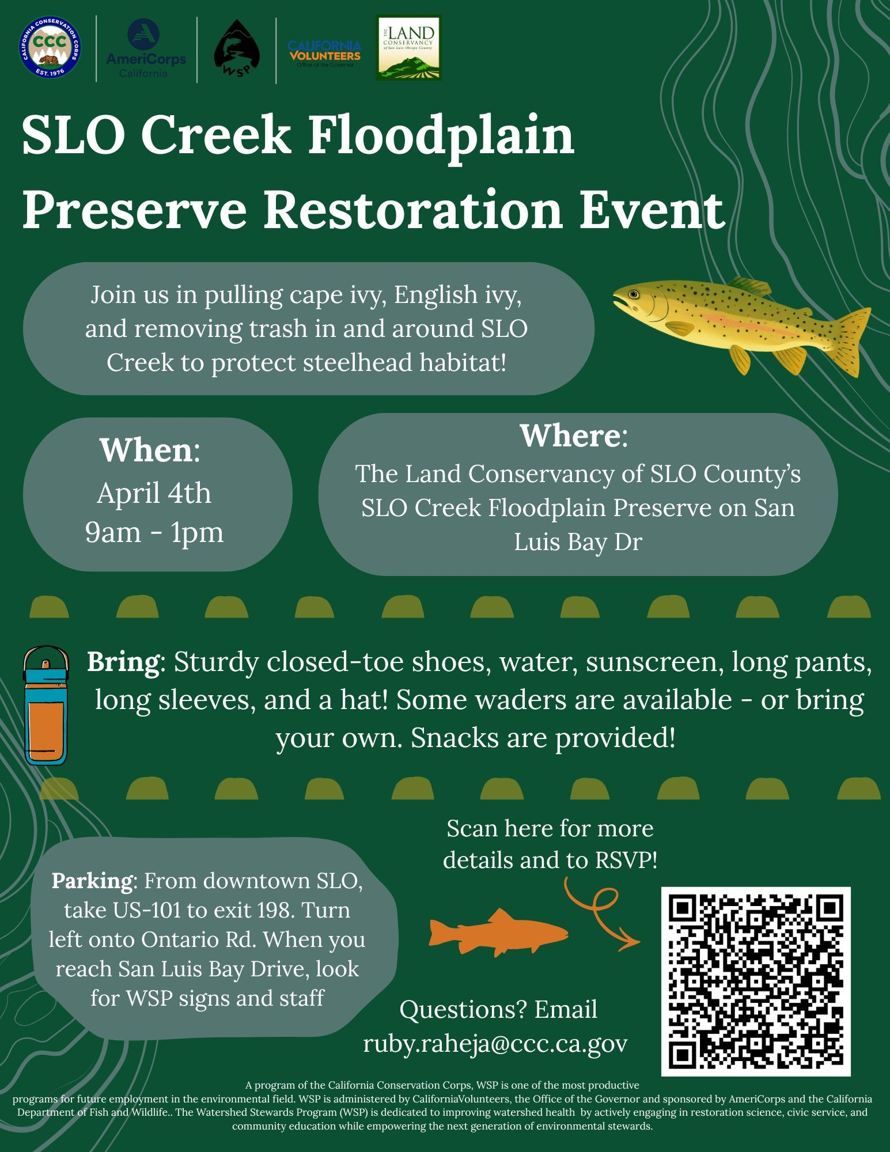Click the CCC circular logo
tap(49, 48)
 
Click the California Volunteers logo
tap(325, 54)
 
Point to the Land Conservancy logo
tap(408, 47)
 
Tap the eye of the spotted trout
tap(634, 294)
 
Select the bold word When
tap(146, 450)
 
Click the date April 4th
tap(154, 493)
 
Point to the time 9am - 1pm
tap(154, 532)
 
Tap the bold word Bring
tap(123, 662)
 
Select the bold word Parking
tap(92, 881)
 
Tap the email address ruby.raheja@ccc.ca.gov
tap(495, 1043)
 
